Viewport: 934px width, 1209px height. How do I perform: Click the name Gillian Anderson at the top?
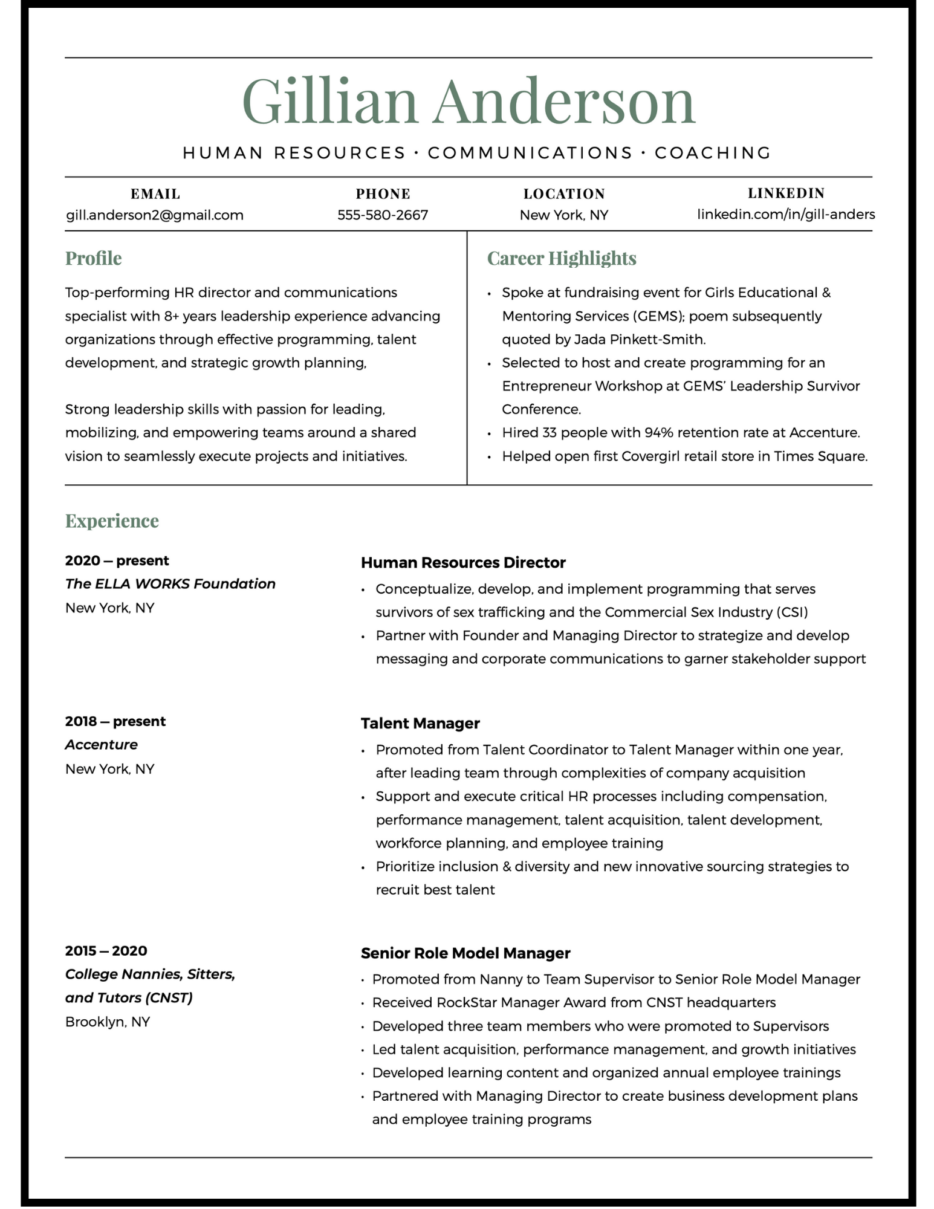click(469, 101)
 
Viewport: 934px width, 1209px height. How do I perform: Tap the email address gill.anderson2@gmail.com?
click(155, 215)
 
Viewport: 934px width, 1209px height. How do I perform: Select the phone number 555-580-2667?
click(382, 215)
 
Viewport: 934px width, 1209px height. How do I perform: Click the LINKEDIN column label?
click(786, 193)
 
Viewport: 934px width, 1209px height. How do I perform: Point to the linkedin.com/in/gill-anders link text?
click(786, 215)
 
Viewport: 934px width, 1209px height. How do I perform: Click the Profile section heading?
click(93, 258)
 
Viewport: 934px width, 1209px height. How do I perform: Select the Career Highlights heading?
click(561, 258)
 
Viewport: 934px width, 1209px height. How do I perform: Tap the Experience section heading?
click(112, 520)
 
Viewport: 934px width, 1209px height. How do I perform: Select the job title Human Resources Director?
click(463, 563)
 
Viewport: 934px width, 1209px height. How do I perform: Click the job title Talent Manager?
click(420, 724)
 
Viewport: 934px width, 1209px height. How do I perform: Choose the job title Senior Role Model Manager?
click(465, 953)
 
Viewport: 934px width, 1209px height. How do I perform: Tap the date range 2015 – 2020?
click(106, 951)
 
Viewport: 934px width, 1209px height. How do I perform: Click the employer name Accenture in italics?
click(102, 745)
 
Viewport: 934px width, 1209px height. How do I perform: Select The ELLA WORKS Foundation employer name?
click(170, 584)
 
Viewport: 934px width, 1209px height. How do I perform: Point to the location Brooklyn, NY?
click(108, 1022)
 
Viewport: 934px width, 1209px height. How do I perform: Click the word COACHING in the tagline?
click(713, 153)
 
